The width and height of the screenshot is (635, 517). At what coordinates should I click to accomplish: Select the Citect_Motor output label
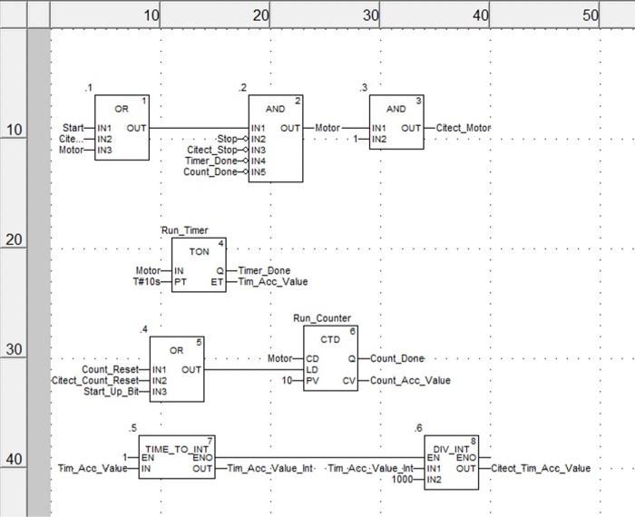(x=463, y=128)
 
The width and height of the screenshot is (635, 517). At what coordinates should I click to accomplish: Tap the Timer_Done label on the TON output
(x=265, y=270)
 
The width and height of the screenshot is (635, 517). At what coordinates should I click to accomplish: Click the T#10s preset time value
(x=147, y=281)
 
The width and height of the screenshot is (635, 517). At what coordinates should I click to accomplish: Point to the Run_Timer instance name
(x=185, y=230)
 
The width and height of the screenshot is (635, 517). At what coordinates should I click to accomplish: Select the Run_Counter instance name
(x=322, y=318)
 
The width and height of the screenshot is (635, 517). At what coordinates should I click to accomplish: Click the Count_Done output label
(x=397, y=359)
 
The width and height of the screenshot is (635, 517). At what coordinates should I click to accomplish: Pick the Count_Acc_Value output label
(x=410, y=380)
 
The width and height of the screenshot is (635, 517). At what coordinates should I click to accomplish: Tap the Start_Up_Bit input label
(x=111, y=391)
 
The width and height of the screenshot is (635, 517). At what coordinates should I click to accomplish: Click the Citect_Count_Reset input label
(x=95, y=380)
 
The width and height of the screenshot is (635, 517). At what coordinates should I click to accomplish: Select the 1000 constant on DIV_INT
(x=402, y=479)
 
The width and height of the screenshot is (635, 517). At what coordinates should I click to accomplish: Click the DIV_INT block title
(x=451, y=449)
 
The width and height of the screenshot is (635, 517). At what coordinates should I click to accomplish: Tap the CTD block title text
(x=329, y=338)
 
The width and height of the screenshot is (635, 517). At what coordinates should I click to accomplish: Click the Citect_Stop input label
(x=211, y=150)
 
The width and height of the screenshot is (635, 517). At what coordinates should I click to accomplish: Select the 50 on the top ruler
(x=590, y=15)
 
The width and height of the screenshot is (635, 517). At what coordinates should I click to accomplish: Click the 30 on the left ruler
(x=13, y=350)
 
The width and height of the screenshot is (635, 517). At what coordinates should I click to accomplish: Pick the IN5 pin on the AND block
(x=259, y=171)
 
